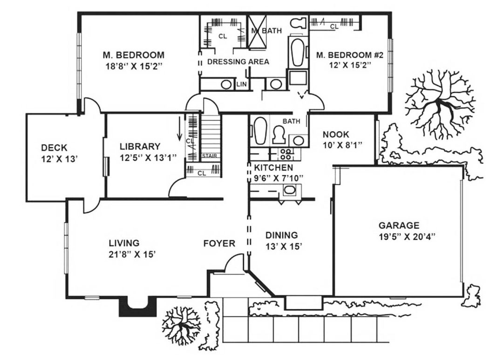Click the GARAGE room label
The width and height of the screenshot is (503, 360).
coord(399,225)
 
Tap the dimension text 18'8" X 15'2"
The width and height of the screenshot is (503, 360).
coord(134,67)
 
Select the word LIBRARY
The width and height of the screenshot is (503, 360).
coord(140,147)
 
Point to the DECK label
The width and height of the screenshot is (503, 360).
coord(54,148)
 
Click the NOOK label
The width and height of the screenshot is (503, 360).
coord(335,135)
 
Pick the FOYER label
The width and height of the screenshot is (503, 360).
coord(219,244)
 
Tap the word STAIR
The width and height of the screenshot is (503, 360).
coord(209,156)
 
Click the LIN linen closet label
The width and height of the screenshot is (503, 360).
coord(242,84)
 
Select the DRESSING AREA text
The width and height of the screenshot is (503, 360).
coord(238,61)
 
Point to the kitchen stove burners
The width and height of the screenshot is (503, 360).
coord(285,154)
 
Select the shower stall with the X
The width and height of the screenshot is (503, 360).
coord(258,32)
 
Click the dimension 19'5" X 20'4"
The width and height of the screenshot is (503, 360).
coord(407,237)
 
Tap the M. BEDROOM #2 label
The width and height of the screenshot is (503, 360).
coord(350,55)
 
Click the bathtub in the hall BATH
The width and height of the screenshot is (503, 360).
coord(260,130)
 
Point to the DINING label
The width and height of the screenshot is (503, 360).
coord(281,235)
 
